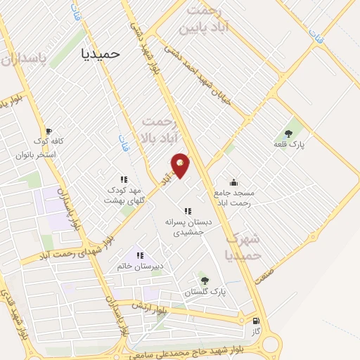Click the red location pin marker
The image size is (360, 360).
(x=180, y=165)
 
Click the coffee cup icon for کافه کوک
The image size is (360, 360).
(x=49, y=131)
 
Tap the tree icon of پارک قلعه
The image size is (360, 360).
(x=288, y=133)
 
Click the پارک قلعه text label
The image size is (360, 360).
(x=288, y=144)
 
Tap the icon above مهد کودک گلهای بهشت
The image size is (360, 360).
(x=124, y=179)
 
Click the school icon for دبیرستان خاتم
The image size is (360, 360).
(x=140, y=255)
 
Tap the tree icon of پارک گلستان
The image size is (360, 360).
(x=205, y=281)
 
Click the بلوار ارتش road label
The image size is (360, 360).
(x=154, y=305)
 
